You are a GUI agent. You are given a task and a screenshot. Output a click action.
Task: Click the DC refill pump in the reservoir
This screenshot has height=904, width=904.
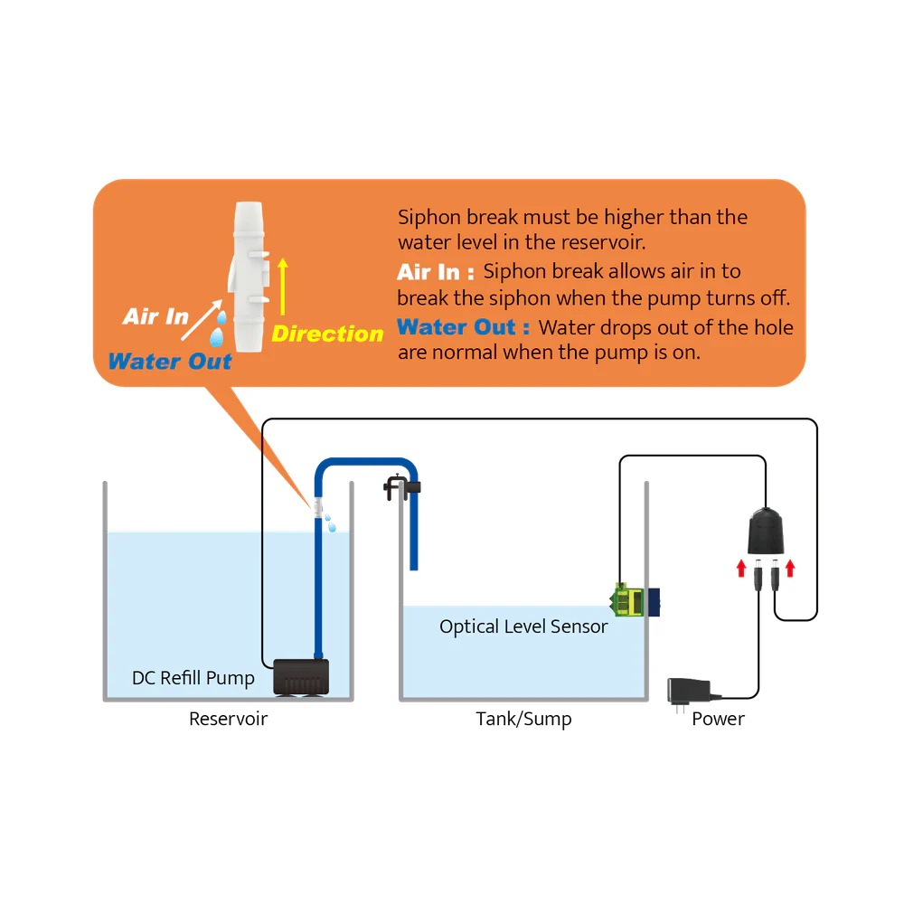click(x=301, y=677)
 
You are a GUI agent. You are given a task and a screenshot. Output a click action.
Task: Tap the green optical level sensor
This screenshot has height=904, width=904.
click(x=629, y=598)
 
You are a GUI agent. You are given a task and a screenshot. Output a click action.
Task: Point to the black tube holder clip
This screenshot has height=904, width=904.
click(x=400, y=488)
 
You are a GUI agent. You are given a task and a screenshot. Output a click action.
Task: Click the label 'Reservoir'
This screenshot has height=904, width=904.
click(x=228, y=720)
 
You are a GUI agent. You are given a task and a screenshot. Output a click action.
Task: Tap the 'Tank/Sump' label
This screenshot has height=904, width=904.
click(x=523, y=720)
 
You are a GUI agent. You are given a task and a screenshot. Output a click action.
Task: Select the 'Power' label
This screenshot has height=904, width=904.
click(x=718, y=720)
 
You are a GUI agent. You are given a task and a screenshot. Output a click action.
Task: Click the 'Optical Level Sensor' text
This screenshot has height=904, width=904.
click(x=523, y=626)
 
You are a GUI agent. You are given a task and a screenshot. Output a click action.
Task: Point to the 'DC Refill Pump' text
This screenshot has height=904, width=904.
click(x=193, y=678)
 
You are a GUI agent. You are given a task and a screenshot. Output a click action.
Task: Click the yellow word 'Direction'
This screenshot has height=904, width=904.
click(x=327, y=334)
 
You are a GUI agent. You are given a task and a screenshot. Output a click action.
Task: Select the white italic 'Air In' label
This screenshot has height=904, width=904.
click(x=155, y=316)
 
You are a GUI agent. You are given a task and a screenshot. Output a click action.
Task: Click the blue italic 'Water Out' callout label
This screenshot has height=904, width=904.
click(x=170, y=362)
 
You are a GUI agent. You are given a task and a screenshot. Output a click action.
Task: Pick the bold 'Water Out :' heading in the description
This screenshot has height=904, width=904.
click(x=463, y=327)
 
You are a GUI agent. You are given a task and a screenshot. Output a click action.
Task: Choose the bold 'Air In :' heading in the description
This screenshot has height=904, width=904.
click(x=435, y=272)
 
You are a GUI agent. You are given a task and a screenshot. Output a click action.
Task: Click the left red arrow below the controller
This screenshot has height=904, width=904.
click(x=741, y=568)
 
